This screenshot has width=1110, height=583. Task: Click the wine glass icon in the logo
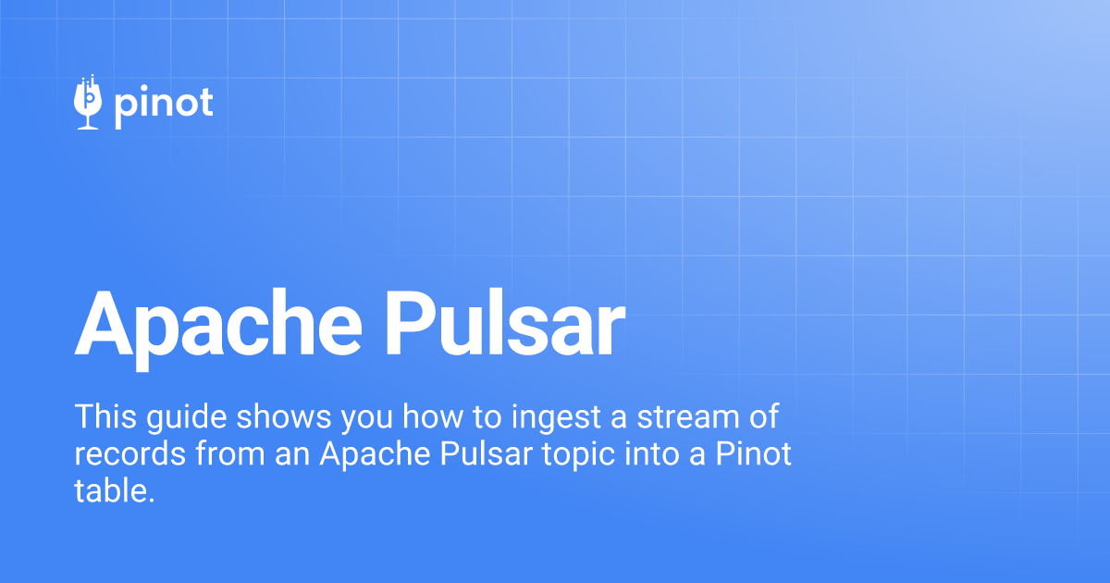click(88, 102)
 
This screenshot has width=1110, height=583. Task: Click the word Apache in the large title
click(218, 329)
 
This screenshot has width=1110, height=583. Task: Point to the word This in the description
click(105, 416)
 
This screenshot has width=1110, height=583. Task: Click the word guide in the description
click(186, 417)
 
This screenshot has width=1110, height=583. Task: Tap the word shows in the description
click(283, 416)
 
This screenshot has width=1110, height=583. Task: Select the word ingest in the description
click(556, 417)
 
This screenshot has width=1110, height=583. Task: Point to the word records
click(129, 453)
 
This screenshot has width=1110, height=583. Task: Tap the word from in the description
click(230, 453)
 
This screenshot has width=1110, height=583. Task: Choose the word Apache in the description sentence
click(376, 454)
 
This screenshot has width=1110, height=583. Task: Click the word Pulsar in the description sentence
click(487, 453)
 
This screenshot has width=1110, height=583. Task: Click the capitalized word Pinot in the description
click(753, 453)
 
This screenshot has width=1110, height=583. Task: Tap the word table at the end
click(115, 490)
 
